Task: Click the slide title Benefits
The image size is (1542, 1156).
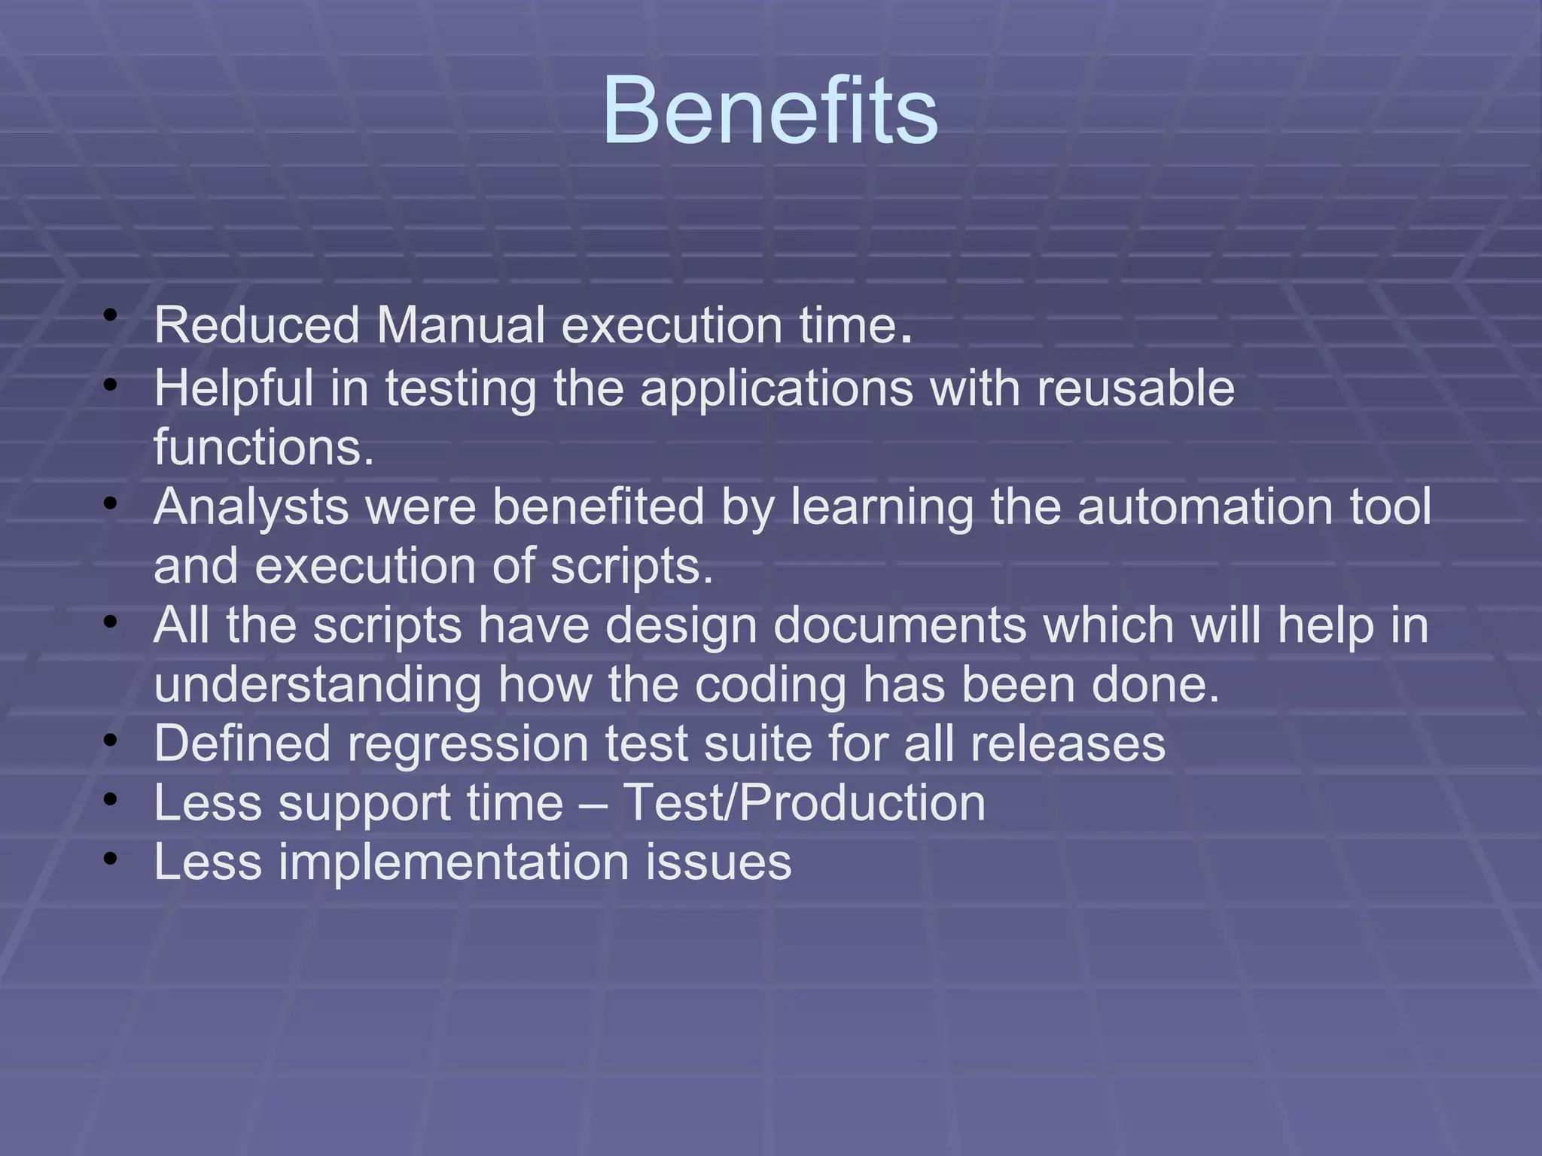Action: [769, 111]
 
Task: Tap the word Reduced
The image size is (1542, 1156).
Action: [257, 326]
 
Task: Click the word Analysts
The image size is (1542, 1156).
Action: [251, 507]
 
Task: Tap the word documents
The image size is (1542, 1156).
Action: [901, 625]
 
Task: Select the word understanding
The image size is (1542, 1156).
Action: [317, 685]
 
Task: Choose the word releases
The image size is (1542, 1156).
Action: [1068, 744]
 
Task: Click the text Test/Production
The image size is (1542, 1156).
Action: [804, 803]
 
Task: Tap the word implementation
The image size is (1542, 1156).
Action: [453, 862]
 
